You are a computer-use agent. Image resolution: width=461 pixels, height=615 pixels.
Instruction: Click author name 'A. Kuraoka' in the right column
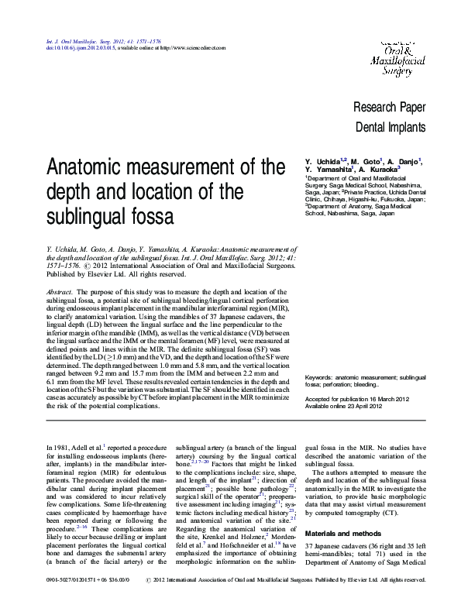pos(380,169)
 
